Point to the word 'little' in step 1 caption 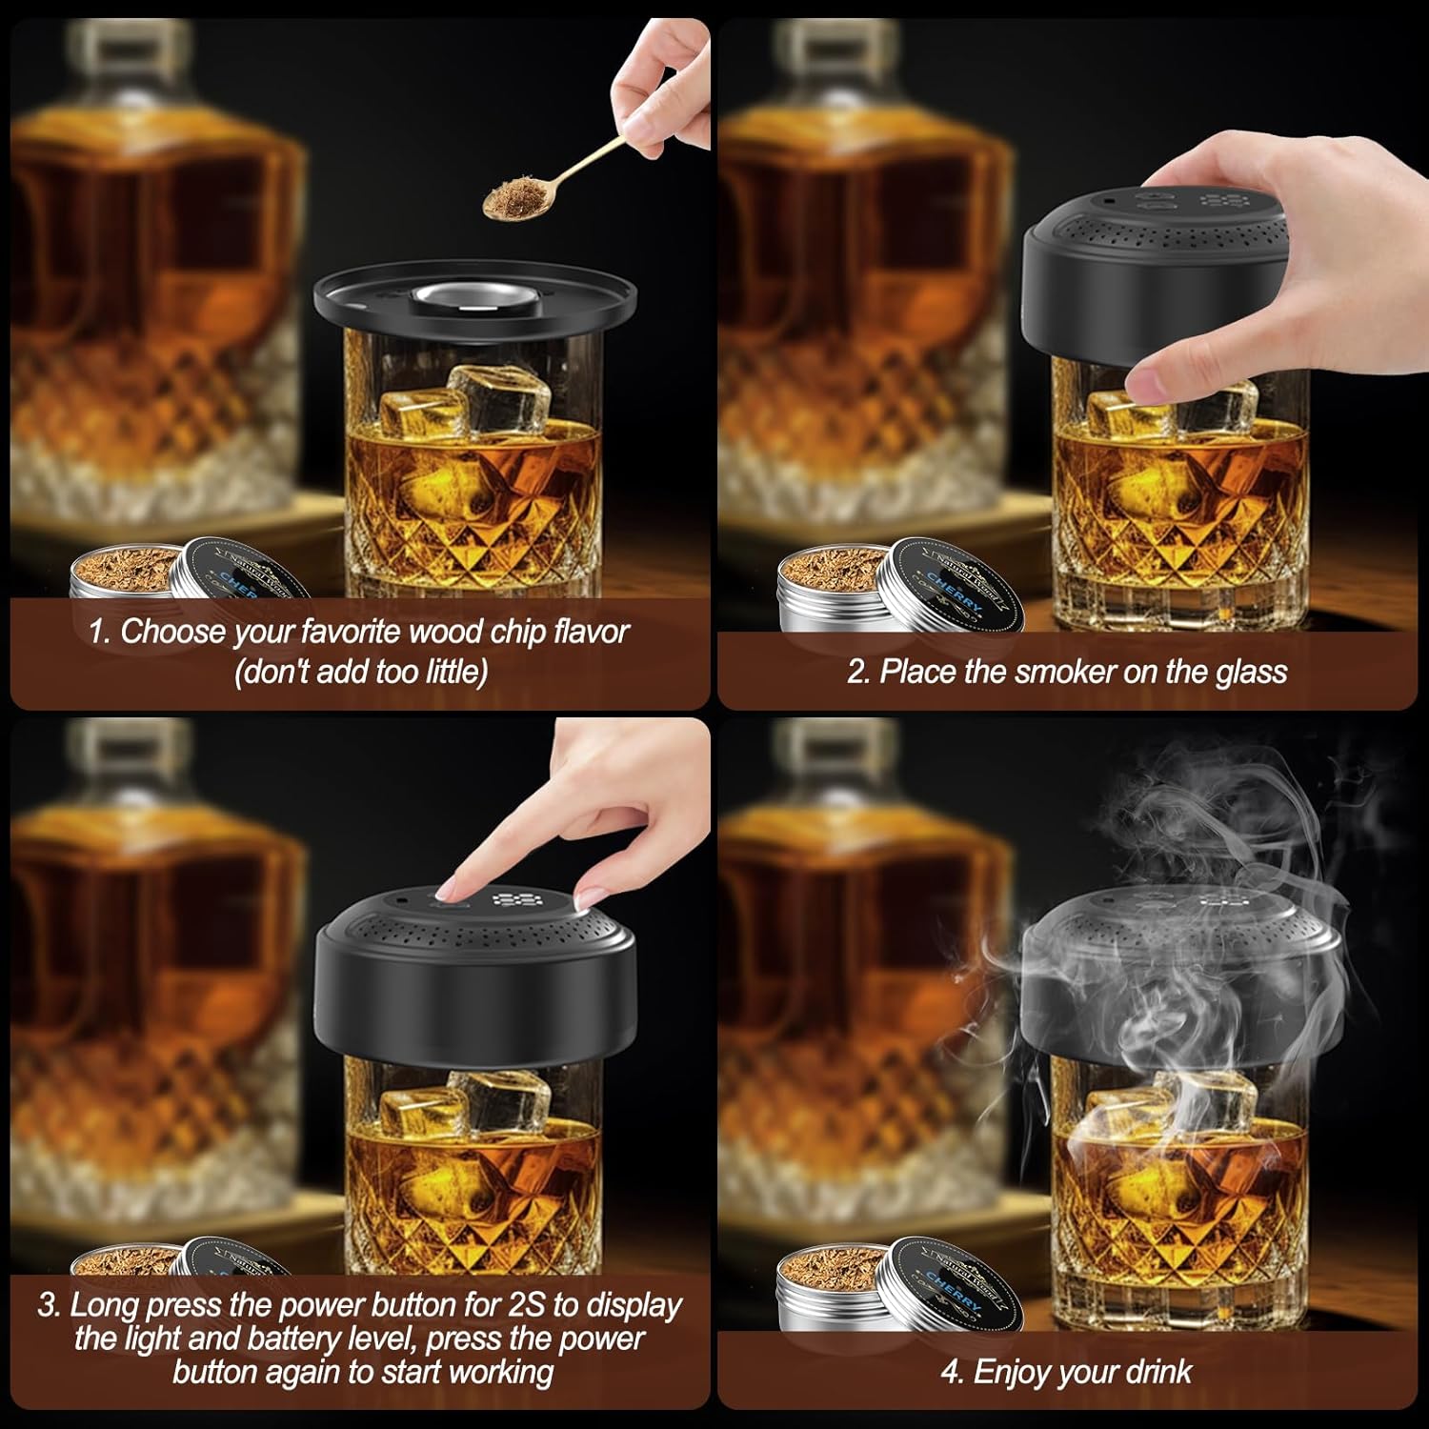coord(455,672)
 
